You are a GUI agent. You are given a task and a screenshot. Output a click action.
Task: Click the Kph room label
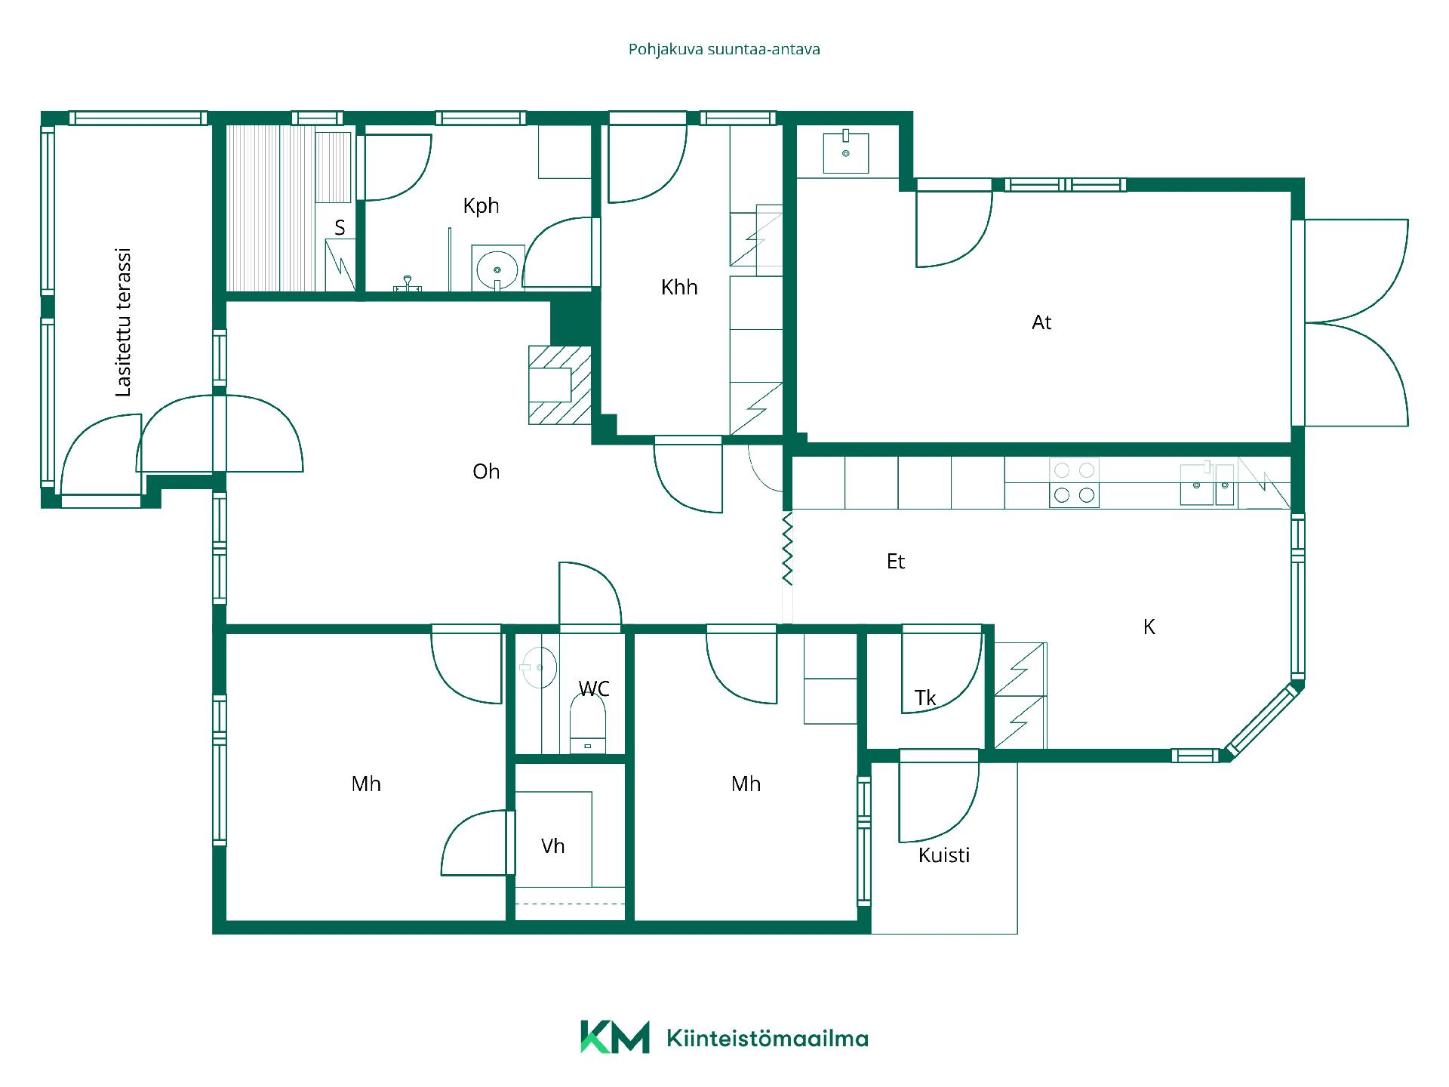pos(481,205)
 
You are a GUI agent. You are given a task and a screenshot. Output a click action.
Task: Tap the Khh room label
pos(679,287)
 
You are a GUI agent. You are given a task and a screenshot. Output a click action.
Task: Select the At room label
pos(1041,322)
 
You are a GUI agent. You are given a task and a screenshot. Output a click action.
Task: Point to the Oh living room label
pos(486,471)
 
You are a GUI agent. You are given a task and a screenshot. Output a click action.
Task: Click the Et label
pos(896,561)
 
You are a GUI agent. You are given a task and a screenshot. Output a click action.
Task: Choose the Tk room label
pos(925,697)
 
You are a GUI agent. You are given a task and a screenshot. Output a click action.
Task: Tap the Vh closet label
pos(552,845)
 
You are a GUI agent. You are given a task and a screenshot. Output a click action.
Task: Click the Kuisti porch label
pos(944,855)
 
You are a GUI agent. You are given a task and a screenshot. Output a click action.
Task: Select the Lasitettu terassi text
pos(124,322)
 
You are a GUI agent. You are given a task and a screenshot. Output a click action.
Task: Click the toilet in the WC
pos(588,723)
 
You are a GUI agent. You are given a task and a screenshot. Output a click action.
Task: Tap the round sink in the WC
pos(538,667)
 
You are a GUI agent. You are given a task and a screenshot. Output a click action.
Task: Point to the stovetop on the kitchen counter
pos(1074,482)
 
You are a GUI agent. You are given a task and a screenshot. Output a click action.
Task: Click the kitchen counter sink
pos(1207,484)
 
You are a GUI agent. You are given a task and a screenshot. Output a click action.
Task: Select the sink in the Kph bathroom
pos(497,268)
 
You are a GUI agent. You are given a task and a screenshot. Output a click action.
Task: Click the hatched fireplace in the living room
pos(559,384)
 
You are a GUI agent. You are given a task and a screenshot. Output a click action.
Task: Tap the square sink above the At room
pos(845,153)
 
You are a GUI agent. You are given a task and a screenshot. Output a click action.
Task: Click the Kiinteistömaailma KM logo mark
pos(614,1036)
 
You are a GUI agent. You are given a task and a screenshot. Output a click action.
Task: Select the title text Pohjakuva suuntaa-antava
pos(724,49)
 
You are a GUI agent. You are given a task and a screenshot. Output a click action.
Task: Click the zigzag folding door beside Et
pos(787,549)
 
